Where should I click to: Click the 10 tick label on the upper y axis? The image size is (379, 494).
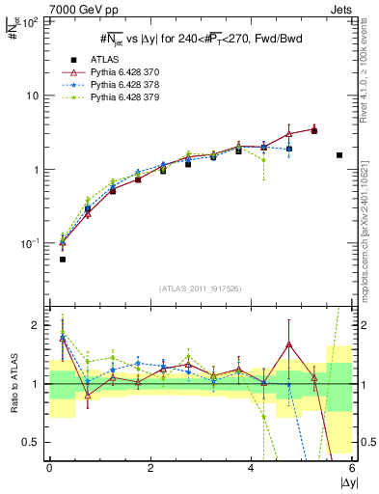[33, 96]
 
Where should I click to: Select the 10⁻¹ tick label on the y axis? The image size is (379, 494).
[30, 243]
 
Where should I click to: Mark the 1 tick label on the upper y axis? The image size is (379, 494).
[37, 170]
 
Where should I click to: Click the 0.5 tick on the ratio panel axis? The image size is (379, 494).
[32, 442]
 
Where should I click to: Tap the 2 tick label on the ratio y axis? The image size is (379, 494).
[37, 325]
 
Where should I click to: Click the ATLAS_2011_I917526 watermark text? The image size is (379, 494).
[201, 288]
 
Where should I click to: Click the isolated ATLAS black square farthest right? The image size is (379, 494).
[339, 155]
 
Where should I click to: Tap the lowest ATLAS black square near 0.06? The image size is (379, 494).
[63, 260]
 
